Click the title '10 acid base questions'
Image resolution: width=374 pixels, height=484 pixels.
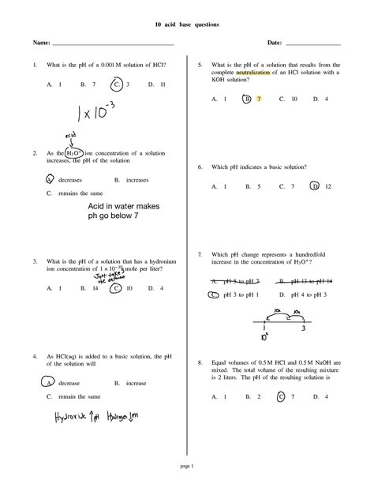pos(187,25)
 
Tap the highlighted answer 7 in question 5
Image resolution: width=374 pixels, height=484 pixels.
pos(258,99)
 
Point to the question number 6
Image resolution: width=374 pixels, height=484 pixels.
pos(200,167)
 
